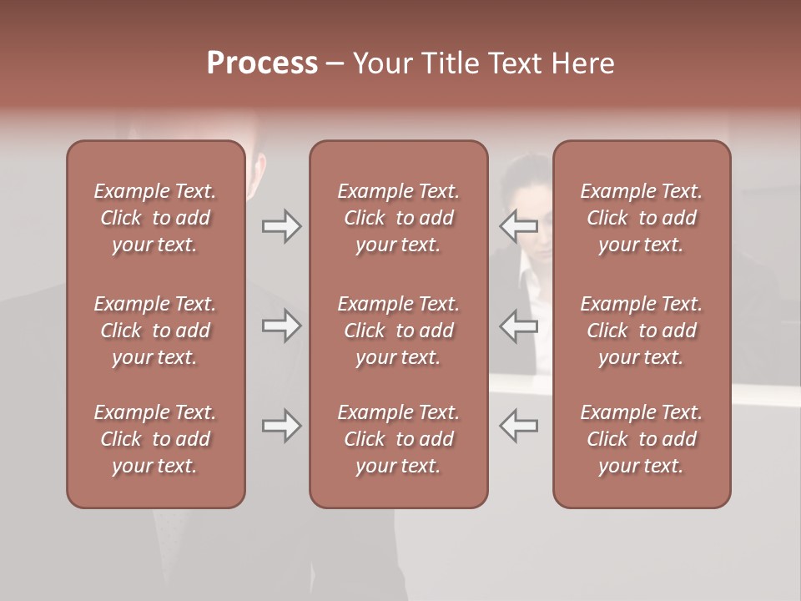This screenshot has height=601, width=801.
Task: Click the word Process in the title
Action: point(262,63)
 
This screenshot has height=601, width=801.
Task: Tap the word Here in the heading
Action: point(582,63)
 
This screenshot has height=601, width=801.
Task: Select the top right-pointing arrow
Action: point(281,226)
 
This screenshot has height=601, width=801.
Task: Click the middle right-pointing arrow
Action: point(281,326)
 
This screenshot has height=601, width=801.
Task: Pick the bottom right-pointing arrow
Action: point(281,426)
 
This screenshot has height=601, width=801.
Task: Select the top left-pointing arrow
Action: point(519,226)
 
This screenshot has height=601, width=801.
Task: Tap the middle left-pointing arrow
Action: point(519,326)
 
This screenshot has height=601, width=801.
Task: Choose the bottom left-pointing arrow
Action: point(519,426)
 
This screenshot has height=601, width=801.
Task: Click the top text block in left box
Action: point(155,218)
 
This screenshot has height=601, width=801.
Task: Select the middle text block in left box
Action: point(155,331)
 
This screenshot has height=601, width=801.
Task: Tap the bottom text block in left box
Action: point(155,439)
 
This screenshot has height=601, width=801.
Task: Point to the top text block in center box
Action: point(399,218)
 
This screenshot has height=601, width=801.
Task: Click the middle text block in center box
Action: point(399,331)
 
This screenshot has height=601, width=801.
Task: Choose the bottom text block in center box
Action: point(399,439)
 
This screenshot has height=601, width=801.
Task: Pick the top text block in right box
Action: point(642,218)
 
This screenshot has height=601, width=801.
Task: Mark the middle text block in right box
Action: point(642,331)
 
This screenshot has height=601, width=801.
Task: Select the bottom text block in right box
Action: point(642,439)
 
